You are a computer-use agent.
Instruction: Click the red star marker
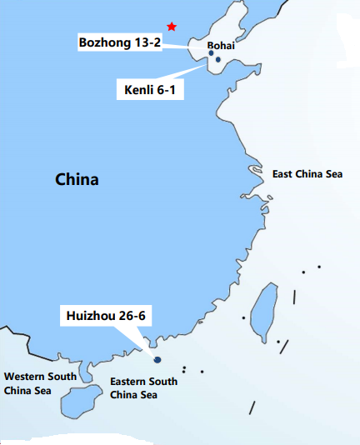172,27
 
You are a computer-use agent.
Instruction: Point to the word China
77,179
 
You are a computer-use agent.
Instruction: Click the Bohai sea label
221,47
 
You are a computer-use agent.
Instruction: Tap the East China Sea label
307,174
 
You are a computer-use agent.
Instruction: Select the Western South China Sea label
40,382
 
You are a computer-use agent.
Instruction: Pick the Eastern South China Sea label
144,387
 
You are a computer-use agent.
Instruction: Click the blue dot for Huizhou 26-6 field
157,359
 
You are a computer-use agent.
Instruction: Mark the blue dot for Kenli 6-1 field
217,60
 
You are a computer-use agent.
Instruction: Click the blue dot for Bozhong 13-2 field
211,53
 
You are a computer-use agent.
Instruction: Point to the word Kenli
132,87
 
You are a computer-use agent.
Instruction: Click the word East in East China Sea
283,174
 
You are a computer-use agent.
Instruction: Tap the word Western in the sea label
24,376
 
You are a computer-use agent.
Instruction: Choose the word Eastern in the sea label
129,382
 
